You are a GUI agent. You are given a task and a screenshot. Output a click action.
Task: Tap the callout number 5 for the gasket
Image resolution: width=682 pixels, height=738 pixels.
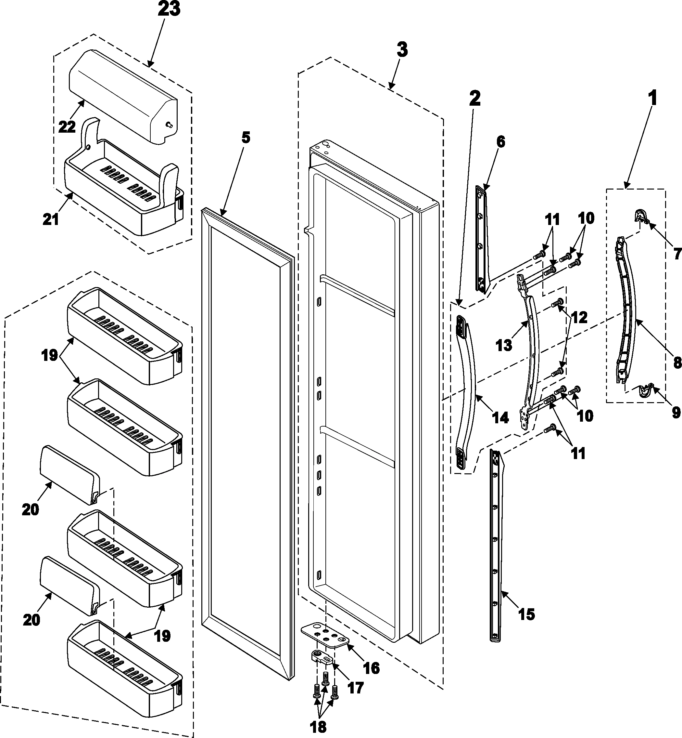point(246,138)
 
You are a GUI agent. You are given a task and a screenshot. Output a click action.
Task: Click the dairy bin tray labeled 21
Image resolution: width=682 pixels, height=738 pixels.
point(122,200)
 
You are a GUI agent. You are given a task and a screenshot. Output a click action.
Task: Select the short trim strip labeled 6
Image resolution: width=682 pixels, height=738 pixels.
point(481,240)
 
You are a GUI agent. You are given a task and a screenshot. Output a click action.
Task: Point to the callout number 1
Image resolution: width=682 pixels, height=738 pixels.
point(652,99)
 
